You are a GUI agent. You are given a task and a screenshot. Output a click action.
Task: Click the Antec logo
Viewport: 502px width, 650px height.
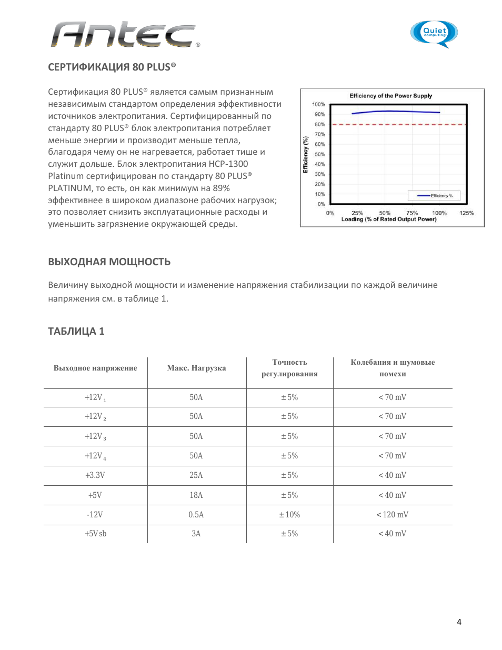(124, 35)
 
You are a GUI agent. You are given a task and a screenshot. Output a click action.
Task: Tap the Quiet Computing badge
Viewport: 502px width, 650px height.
(434, 33)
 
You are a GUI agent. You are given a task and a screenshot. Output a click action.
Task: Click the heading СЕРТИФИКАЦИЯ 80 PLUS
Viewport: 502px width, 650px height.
(112, 67)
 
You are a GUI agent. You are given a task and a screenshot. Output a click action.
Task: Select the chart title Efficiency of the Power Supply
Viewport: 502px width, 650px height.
(390, 96)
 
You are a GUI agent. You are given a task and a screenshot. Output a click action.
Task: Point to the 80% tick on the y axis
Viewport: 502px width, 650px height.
(320, 124)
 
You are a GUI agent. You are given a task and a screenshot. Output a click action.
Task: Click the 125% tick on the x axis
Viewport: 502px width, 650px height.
(466, 213)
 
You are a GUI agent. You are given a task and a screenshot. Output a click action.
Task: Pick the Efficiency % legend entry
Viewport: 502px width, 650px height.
(435, 196)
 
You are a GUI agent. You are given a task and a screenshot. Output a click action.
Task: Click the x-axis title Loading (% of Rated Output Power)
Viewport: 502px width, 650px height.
(389, 219)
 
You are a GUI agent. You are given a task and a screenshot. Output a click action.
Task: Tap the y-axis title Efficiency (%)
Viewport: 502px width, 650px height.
(305, 155)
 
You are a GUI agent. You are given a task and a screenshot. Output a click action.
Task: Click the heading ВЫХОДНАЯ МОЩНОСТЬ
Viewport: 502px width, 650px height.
(109, 262)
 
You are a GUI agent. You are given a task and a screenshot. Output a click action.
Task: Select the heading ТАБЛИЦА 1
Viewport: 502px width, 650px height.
(76, 331)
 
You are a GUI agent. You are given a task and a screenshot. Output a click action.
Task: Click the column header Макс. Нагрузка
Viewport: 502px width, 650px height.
(196, 368)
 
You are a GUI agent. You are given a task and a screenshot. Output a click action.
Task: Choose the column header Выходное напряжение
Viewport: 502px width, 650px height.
(95, 368)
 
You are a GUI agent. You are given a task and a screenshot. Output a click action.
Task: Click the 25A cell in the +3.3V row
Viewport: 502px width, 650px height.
(196, 475)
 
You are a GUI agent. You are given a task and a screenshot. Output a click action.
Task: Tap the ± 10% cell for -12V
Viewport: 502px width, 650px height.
(289, 515)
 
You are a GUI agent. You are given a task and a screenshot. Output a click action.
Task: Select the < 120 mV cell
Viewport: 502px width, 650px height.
(392, 515)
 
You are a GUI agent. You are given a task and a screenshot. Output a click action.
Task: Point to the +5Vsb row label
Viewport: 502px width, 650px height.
(95, 534)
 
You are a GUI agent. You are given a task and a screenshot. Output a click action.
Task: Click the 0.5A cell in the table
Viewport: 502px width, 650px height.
(196, 515)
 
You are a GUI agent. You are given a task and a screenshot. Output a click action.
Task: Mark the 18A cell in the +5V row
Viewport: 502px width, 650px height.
(196, 495)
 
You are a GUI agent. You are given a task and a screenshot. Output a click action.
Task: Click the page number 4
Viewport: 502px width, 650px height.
(459, 622)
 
